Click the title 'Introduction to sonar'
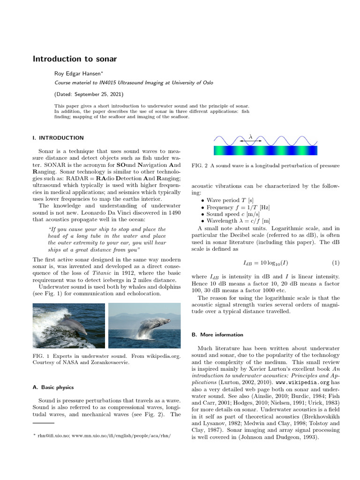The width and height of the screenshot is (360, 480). (75, 59)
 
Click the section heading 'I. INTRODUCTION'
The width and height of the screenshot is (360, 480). (58, 138)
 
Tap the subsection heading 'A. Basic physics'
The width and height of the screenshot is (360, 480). (53, 387)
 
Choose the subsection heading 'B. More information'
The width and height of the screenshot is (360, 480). (217, 335)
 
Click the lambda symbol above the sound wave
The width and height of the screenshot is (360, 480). (250, 136)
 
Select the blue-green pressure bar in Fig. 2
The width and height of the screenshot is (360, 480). (265, 150)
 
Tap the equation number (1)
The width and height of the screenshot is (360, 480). (336, 262)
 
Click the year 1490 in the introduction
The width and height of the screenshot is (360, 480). (174, 212)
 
